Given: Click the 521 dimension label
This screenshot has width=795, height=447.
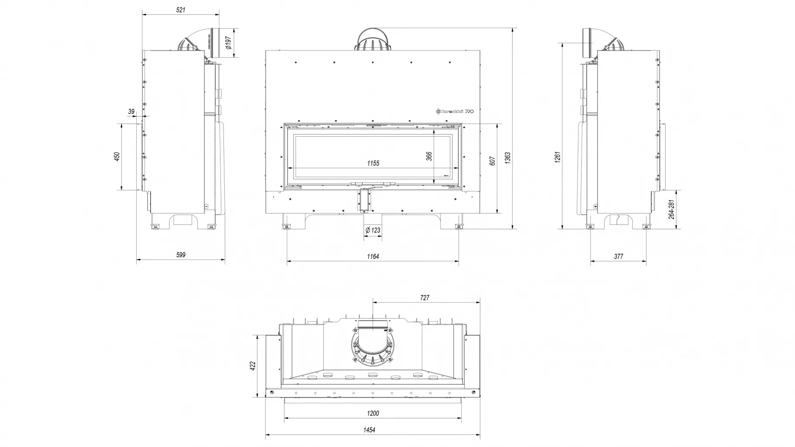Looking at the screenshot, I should click(x=181, y=10).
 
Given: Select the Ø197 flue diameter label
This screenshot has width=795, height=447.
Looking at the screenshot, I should click(x=229, y=43).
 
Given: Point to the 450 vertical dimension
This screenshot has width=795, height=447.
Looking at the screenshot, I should click(x=117, y=157).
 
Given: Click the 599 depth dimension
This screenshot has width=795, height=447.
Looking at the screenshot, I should click(x=181, y=255).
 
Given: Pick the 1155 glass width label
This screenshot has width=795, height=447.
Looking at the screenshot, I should click(x=373, y=163).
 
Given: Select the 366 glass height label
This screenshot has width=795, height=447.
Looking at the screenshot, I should click(x=429, y=157).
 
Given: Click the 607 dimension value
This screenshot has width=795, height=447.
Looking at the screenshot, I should click(x=492, y=161).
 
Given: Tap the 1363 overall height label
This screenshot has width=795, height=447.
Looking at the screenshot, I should click(x=508, y=158).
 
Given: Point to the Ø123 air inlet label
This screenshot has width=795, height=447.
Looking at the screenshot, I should click(x=373, y=230).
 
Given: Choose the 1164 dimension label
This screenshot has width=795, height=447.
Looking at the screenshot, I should click(x=373, y=256).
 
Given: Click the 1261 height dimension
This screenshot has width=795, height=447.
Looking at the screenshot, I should click(x=558, y=157).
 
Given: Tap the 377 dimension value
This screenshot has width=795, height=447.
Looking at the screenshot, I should click(x=618, y=256).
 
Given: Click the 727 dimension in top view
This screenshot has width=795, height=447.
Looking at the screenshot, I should click(x=425, y=298).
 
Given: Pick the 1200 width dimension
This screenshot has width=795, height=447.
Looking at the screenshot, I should click(x=373, y=413).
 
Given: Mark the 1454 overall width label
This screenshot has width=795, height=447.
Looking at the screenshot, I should click(x=369, y=430).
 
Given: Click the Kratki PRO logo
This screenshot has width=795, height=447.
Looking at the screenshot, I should click(x=455, y=112).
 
